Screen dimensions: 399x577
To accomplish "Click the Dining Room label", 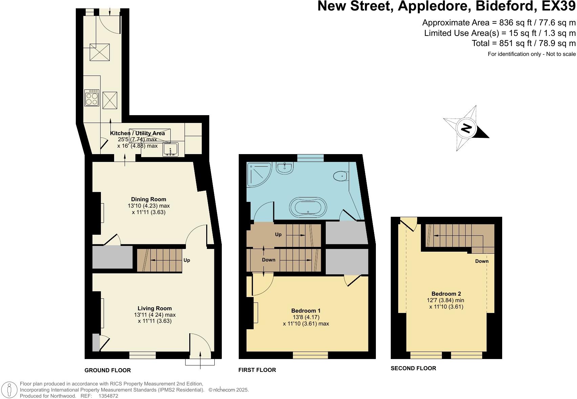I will click(149, 199).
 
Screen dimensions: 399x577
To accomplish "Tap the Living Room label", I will click(154, 308).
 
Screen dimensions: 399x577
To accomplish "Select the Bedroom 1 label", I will click(306, 311).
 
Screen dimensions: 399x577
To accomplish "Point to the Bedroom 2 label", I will click(446, 294).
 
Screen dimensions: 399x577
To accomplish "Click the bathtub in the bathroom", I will click(308, 207).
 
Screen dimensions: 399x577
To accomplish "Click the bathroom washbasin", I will click(285, 168).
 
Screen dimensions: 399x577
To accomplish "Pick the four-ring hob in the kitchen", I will click(92, 98).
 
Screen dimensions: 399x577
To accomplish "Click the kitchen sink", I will click(170, 149).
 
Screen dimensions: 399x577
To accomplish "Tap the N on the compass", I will click(466, 128).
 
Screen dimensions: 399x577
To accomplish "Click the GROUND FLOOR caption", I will click(107, 370).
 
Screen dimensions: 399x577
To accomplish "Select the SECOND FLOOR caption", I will click(413, 368).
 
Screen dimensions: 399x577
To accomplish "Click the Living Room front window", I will click(143, 355).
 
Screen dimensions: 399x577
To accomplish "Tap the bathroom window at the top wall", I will click(311, 158).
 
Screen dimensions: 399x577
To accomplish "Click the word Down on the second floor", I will click(482, 261).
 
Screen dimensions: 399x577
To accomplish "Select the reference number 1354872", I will click(108, 396).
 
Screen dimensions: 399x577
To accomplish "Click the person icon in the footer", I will click(9, 390).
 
